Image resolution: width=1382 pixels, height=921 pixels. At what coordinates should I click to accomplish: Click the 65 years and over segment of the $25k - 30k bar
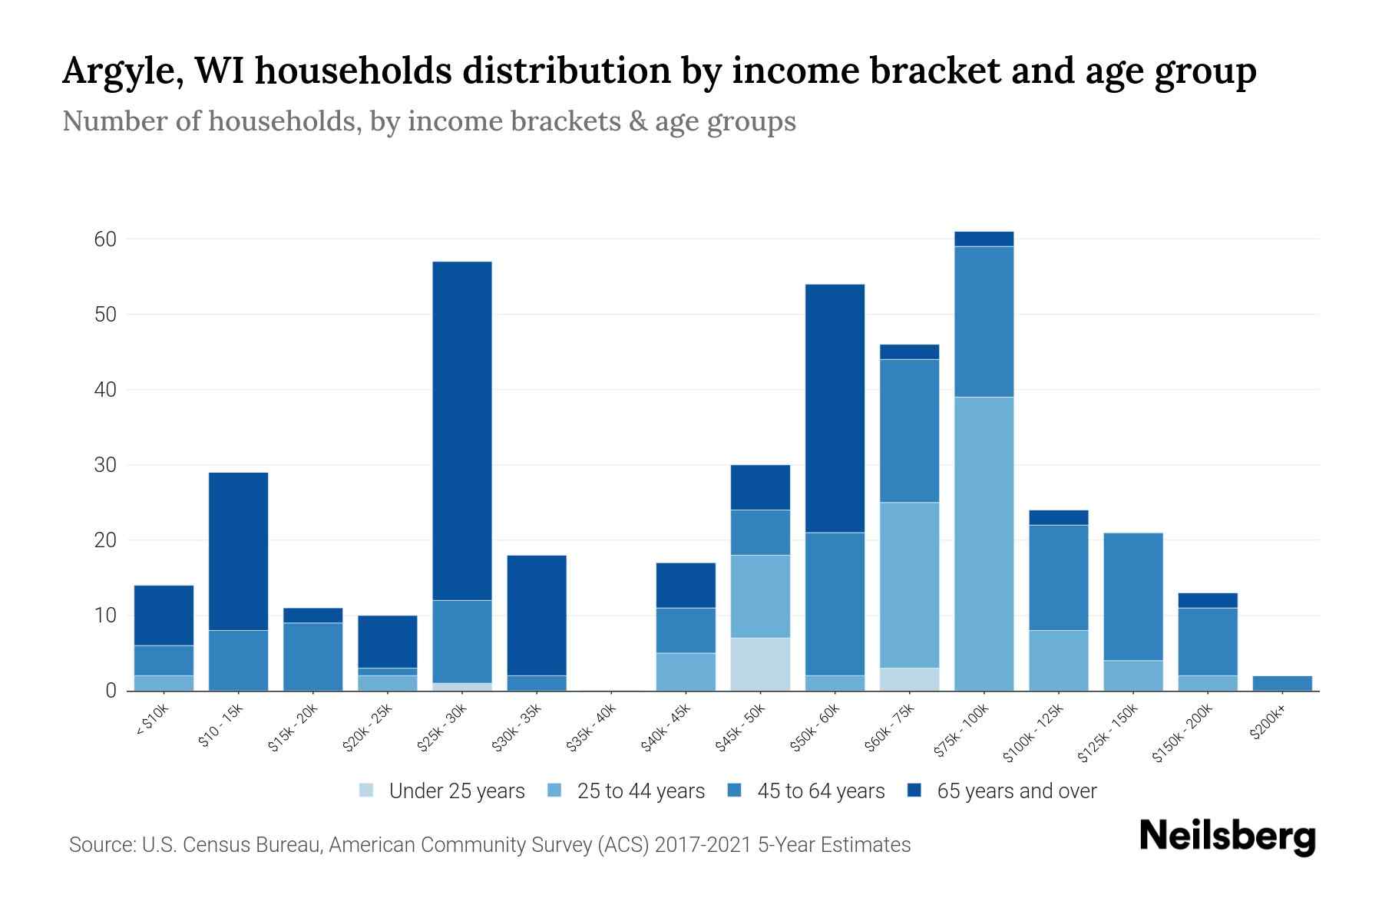461,431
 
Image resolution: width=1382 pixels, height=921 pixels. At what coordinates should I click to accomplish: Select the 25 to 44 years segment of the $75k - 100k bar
984,543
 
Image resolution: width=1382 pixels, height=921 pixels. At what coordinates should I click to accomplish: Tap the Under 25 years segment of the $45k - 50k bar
760,664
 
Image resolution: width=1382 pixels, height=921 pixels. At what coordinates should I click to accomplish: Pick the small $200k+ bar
1282,683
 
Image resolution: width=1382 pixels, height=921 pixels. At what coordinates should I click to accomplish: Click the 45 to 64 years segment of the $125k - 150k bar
1132,596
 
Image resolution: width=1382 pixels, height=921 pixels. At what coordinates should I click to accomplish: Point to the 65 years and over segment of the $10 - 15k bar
238,551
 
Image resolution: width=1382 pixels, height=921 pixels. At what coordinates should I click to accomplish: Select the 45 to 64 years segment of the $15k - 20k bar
312,656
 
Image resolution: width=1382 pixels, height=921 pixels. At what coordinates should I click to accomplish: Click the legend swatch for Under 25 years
367,791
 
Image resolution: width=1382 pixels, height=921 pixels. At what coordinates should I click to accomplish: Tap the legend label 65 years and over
1017,791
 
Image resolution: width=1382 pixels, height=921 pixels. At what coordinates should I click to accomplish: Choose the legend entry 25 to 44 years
640,791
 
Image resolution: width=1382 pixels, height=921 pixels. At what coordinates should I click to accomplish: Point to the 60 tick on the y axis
105,239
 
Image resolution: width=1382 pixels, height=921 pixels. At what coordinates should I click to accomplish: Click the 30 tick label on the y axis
105,465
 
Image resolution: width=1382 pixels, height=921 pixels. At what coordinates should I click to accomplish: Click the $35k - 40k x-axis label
591,732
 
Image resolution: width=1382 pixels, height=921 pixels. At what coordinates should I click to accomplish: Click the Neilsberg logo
1227,837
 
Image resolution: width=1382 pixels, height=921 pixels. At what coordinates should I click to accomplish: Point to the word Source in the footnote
100,845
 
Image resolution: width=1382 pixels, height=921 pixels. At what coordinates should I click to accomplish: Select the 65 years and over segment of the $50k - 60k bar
835,408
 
